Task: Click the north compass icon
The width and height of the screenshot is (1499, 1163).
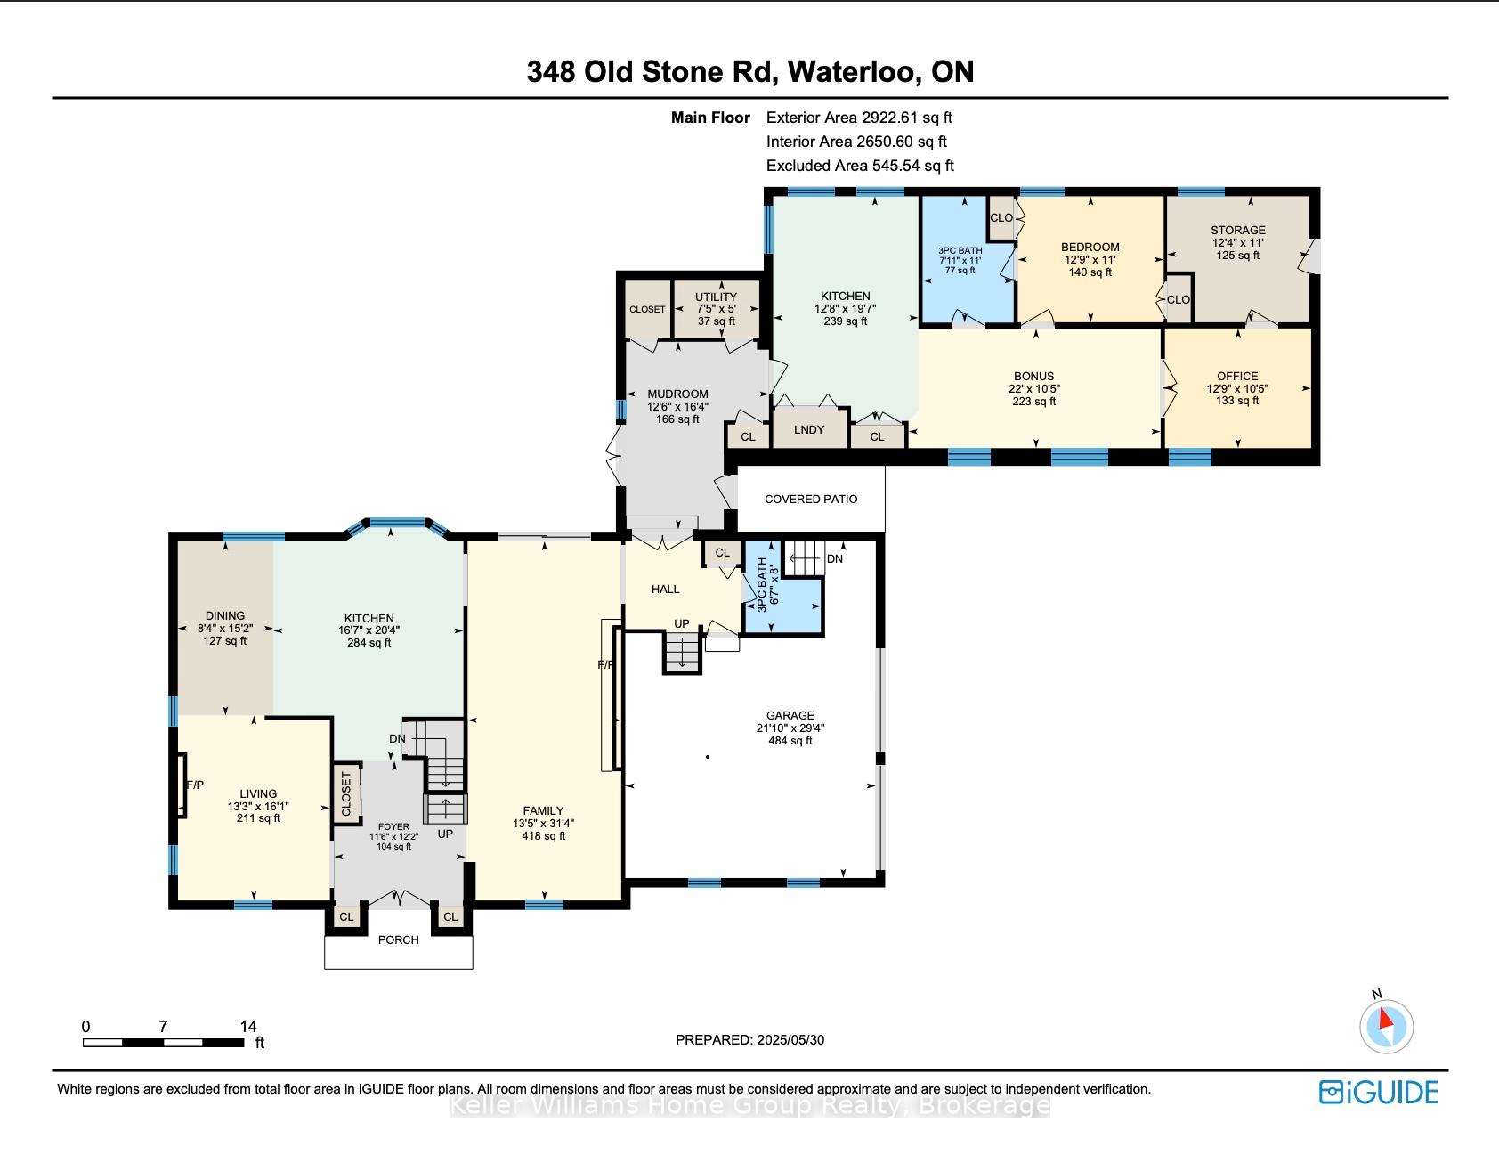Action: [x=1386, y=1026]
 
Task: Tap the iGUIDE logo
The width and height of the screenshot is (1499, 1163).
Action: [x=1379, y=1092]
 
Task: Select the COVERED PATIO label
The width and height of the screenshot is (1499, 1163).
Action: [x=811, y=499]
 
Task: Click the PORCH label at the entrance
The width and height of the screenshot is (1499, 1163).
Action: [x=398, y=939]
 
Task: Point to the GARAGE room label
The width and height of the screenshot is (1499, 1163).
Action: [x=790, y=715]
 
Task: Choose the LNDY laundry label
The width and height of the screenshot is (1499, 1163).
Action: [x=809, y=429]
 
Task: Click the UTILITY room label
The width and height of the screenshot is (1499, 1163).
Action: [x=716, y=297]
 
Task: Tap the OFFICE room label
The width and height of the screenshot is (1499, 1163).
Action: [x=1237, y=376]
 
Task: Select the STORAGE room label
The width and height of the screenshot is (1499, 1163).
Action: [x=1237, y=230]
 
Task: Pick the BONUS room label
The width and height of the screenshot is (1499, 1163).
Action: [x=1033, y=376]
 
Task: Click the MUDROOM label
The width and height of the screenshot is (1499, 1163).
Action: [x=677, y=394]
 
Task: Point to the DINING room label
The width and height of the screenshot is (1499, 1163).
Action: [x=224, y=615]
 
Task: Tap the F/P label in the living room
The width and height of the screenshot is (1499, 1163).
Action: [x=195, y=785]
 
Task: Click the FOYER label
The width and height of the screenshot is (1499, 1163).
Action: [x=394, y=827]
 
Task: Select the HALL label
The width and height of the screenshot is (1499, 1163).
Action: [x=665, y=589]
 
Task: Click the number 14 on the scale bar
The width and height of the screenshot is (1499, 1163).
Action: [x=248, y=1026]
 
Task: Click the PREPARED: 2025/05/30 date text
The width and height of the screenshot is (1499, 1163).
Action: [x=750, y=1039]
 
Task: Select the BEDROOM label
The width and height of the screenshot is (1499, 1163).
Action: [x=1090, y=247]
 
